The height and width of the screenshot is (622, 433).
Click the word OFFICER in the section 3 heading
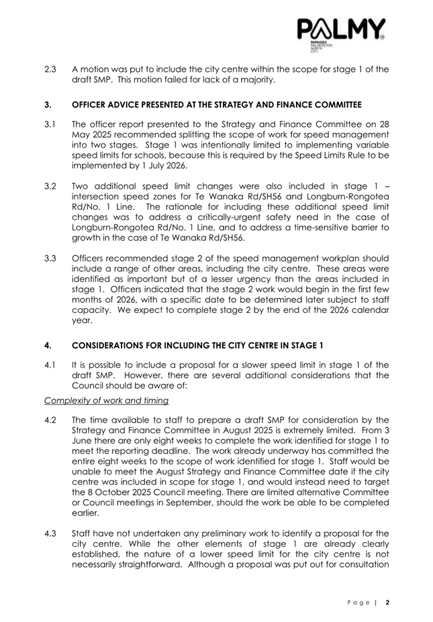(x=91, y=105)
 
